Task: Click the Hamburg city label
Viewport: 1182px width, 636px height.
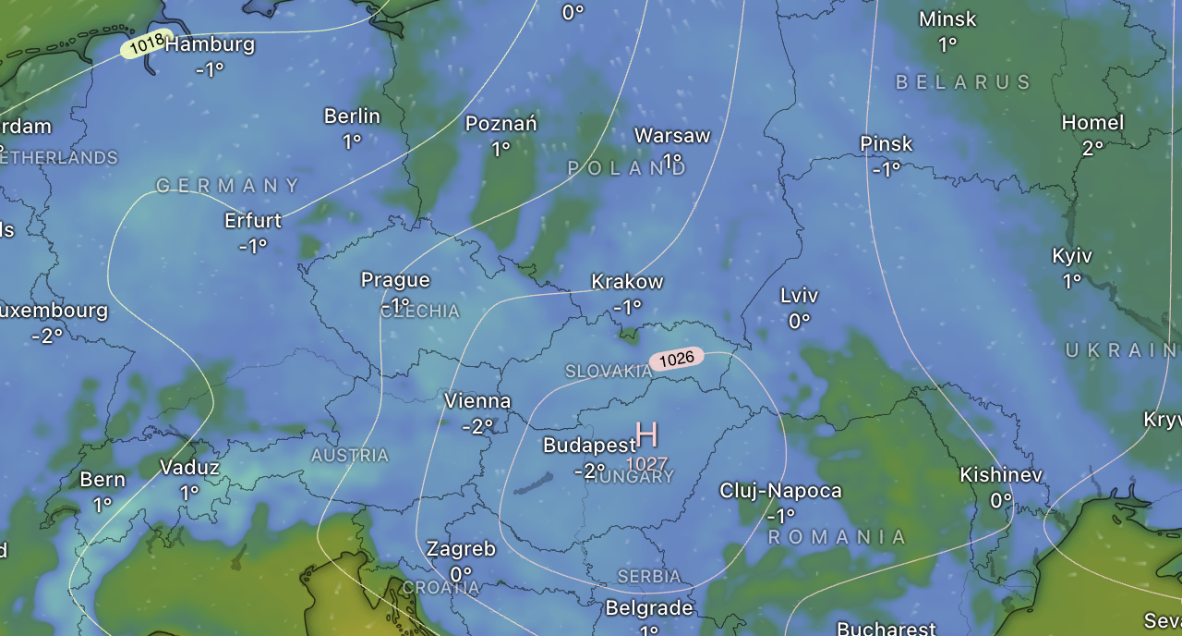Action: point(210,43)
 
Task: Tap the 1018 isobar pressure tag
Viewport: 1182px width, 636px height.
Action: point(147,43)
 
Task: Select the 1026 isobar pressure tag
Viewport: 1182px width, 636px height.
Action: point(676,359)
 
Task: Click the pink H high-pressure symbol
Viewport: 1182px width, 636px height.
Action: point(647,434)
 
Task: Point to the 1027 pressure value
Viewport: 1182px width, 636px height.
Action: point(646,462)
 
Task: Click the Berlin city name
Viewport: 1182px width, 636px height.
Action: point(352,116)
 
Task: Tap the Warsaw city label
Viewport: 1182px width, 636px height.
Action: point(672,135)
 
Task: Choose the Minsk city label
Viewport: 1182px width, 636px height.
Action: point(947,18)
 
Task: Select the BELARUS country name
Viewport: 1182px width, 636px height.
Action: point(963,82)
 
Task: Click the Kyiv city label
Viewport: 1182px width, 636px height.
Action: point(1071,256)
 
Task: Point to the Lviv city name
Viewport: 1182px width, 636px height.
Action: point(799,295)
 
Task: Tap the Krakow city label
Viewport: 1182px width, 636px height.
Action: point(627,281)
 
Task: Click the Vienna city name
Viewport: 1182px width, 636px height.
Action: point(477,401)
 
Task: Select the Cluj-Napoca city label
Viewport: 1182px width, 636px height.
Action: point(780,490)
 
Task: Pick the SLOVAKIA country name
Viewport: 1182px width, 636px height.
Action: point(609,371)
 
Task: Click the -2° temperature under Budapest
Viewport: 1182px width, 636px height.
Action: point(589,471)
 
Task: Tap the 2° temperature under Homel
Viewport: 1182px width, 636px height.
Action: point(1092,148)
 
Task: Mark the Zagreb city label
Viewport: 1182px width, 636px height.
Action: point(461,548)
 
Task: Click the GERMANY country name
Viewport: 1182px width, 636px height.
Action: point(228,186)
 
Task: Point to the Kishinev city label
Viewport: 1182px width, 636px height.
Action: point(1001,475)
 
